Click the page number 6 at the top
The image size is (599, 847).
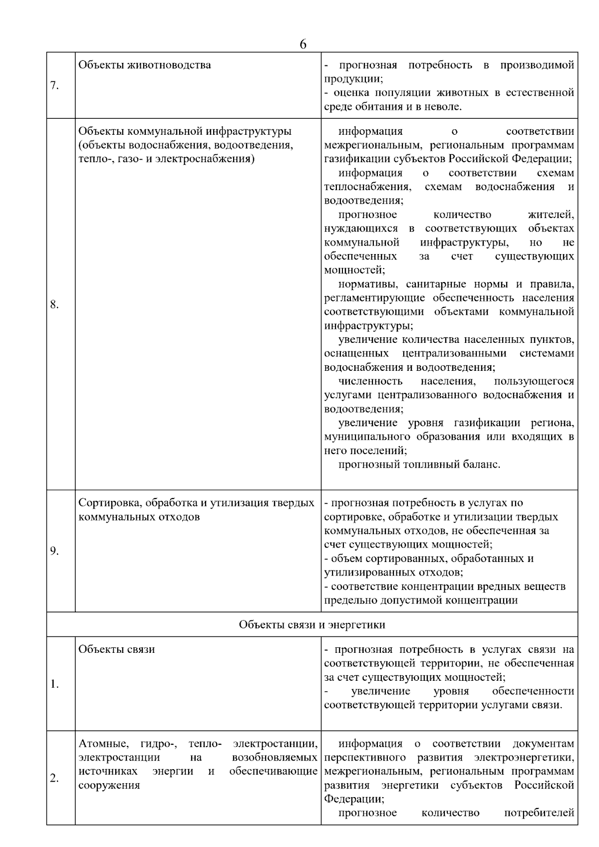302,44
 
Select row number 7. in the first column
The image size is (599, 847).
54,86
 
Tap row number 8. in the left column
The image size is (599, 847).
54,304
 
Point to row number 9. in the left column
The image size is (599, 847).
54,551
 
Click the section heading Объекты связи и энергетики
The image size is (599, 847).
312,625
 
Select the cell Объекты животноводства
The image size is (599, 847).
145,65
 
